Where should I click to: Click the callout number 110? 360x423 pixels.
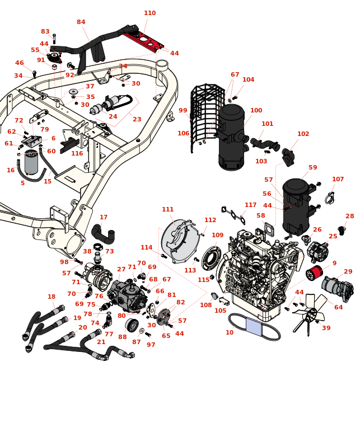(x=149, y=13)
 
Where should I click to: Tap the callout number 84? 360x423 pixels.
(x=81, y=22)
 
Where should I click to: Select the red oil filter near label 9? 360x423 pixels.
(x=315, y=273)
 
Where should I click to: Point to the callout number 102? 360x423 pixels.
(x=303, y=134)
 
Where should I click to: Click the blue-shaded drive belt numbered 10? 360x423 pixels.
(x=254, y=327)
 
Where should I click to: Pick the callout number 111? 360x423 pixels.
(x=167, y=210)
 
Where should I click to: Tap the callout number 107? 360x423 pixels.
(x=338, y=180)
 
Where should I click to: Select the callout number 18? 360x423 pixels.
(x=52, y=297)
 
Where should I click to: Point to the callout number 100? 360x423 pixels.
(x=256, y=111)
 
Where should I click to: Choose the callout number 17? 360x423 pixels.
(x=104, y=218)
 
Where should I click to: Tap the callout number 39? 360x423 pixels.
(x=326, y=328)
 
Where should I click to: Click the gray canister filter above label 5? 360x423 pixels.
(x=31, y=163)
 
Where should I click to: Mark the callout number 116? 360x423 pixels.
(x=77, y=154)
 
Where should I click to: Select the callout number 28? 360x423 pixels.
(x=349, y=217)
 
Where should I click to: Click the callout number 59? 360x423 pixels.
(x=312, y=168)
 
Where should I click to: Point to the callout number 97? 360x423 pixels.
(x=151, y=345)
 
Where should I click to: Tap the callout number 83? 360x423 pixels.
(x=45, y=32)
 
